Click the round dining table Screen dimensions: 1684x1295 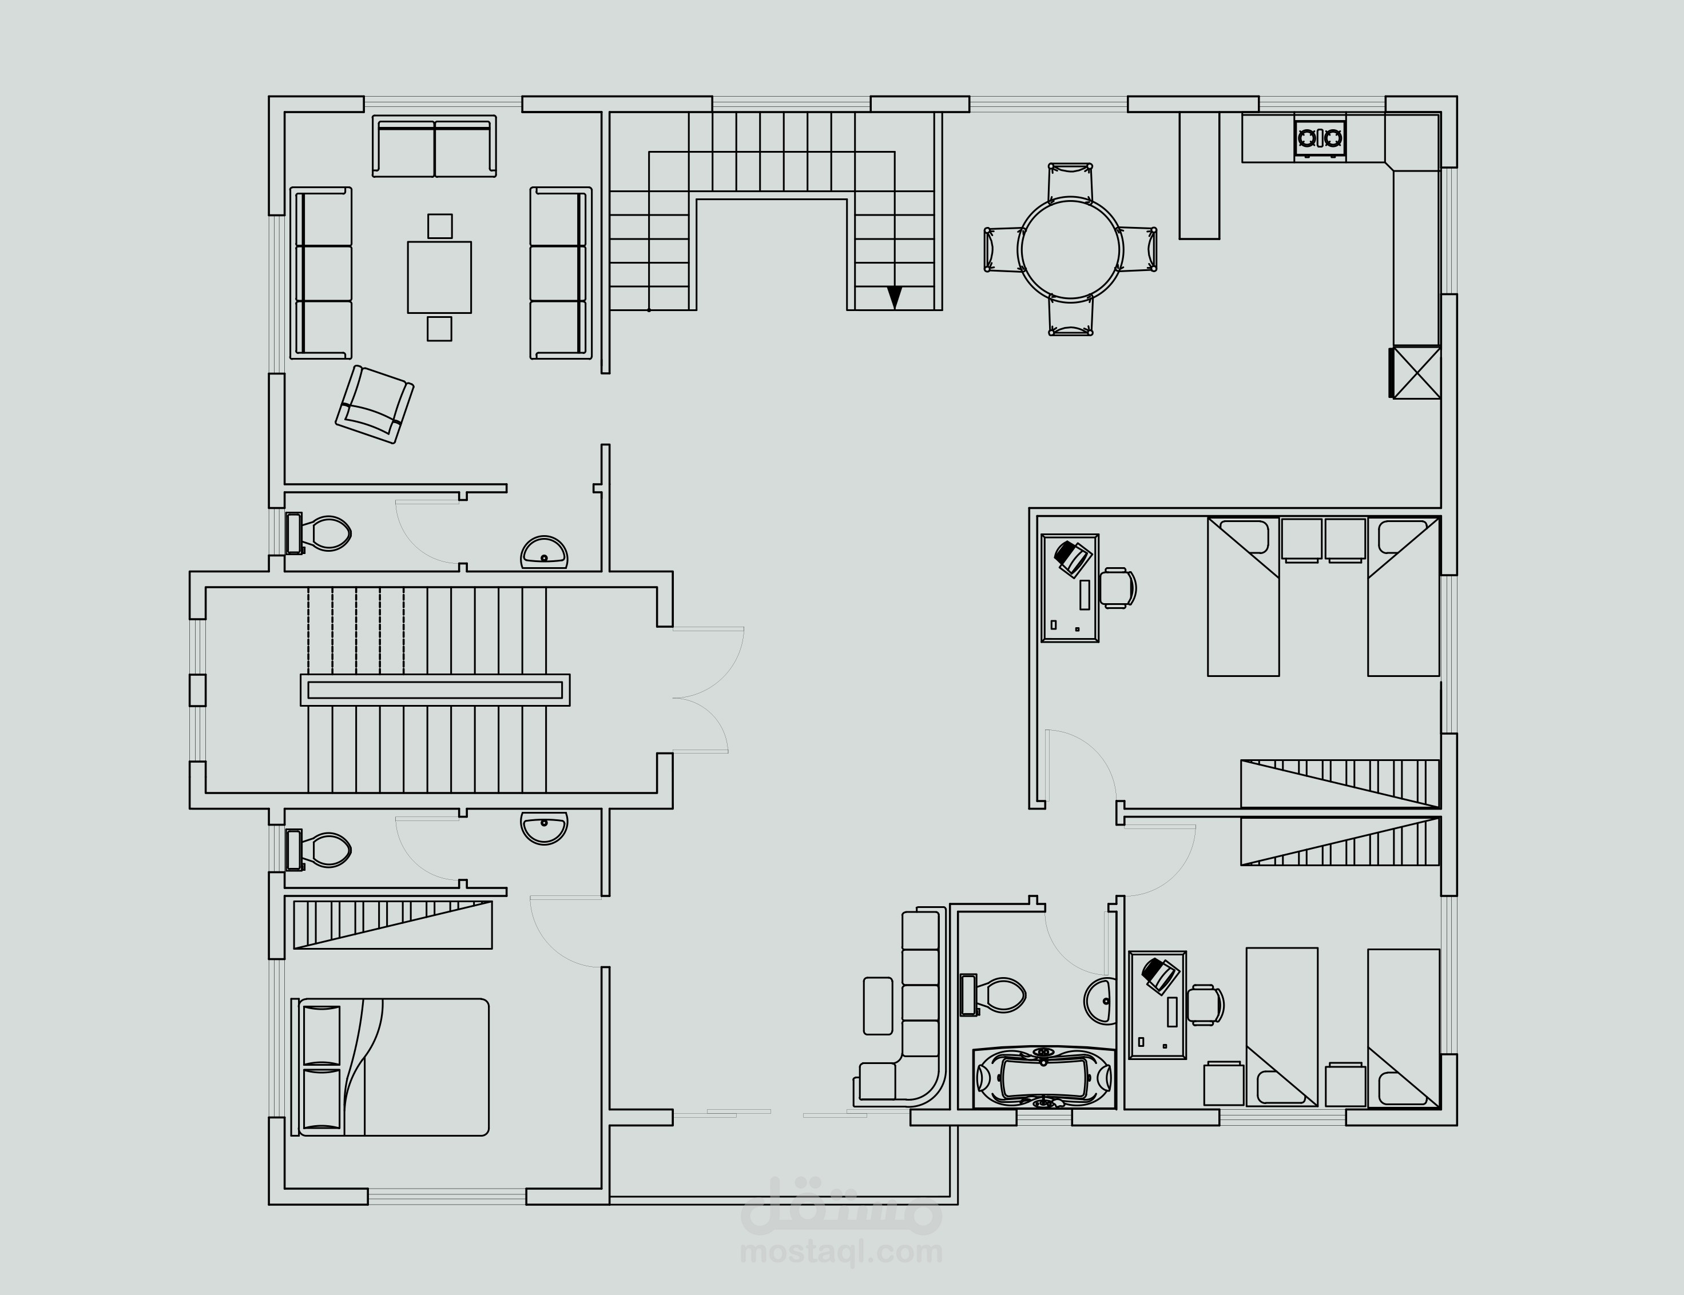pos(1070,249)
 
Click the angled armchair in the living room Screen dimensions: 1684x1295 pos(375,404)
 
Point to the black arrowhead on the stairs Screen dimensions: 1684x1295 pos(895,297)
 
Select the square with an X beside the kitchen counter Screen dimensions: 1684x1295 pos(1416,372)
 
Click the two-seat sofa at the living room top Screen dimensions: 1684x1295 pos(434,146)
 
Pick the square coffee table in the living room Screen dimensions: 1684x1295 pos(439,277)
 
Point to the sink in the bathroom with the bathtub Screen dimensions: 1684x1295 pos(1099,1001)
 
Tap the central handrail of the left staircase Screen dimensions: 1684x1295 pos(435,690)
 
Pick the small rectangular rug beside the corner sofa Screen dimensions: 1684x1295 pos(878,1005)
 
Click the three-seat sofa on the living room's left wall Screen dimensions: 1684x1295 pos(321,273)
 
